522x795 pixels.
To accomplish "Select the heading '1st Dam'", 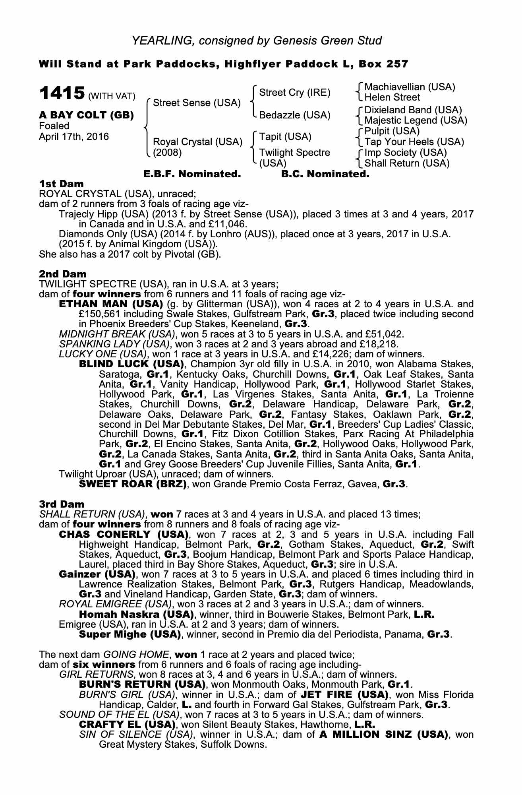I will point(61,184).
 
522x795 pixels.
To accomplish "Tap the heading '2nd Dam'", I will point(62,273).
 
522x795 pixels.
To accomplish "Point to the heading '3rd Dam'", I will point(62,504).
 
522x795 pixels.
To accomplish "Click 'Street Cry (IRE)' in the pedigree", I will point(295,93).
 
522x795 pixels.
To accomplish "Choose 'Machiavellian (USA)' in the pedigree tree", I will point(410,87).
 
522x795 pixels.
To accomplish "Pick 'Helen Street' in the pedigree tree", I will point(392,97).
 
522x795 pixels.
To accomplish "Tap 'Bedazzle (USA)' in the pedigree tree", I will point(294,115).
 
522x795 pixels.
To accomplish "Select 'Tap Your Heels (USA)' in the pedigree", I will point(414,142).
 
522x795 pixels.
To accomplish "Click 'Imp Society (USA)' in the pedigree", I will point(405,153).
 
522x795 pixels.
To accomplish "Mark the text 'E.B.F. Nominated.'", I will point(192,174).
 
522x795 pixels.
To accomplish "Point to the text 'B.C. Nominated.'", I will point(325,174).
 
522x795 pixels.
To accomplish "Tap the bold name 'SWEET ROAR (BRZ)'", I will point(133,484).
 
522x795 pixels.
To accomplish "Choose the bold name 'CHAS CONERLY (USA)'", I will point(124,534).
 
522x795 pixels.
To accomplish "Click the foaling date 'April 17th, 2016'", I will point(73,137).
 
